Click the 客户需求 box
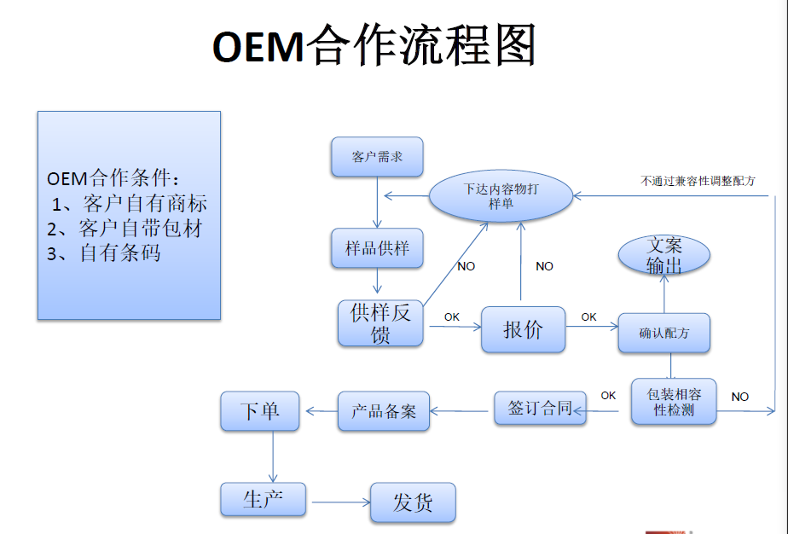[377, 157]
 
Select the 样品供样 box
[377, 248]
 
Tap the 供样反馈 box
[380, 323]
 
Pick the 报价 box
[523, 329]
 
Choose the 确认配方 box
[664, 334]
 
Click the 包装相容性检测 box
[673, 402]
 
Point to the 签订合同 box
[540, 408]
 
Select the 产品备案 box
[384, 410]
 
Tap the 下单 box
[261, 410]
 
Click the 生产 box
[263, 499]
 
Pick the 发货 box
[413, 502]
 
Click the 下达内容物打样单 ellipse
[501, 197]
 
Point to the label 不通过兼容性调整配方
[698, 181]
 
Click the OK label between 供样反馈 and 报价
[451, 317]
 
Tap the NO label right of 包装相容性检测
[739, 397]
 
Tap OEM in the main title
[258, 47]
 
